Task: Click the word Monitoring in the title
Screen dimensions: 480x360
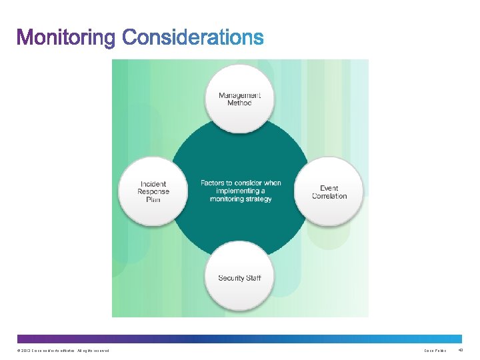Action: (x=66, y=37)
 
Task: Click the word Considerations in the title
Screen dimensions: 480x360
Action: (x=193, y=37)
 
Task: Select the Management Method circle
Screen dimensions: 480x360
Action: (x=239, y=99)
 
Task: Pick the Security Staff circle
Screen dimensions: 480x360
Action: (x=239, y=278)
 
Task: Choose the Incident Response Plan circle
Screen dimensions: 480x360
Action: (x=153, y=191)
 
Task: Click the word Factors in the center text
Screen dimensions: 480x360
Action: (x=215, y=183)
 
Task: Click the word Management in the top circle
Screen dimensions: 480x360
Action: (x=239, y=95)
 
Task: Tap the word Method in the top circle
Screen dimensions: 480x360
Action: (x=239, y=103)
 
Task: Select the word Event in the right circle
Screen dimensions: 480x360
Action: (x=329, y=188)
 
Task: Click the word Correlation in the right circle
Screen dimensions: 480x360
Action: (x=329, y=196)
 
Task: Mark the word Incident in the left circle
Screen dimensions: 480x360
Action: (x=153, y=184)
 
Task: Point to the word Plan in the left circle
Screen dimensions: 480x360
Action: (x=153, y=199)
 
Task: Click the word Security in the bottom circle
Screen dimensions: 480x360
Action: (x=231, y=278)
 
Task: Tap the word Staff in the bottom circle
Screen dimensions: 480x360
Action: (x=253, y=278)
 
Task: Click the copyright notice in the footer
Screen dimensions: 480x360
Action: (x=61, y=350)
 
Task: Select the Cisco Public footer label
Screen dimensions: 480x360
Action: (x=435, y=350)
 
